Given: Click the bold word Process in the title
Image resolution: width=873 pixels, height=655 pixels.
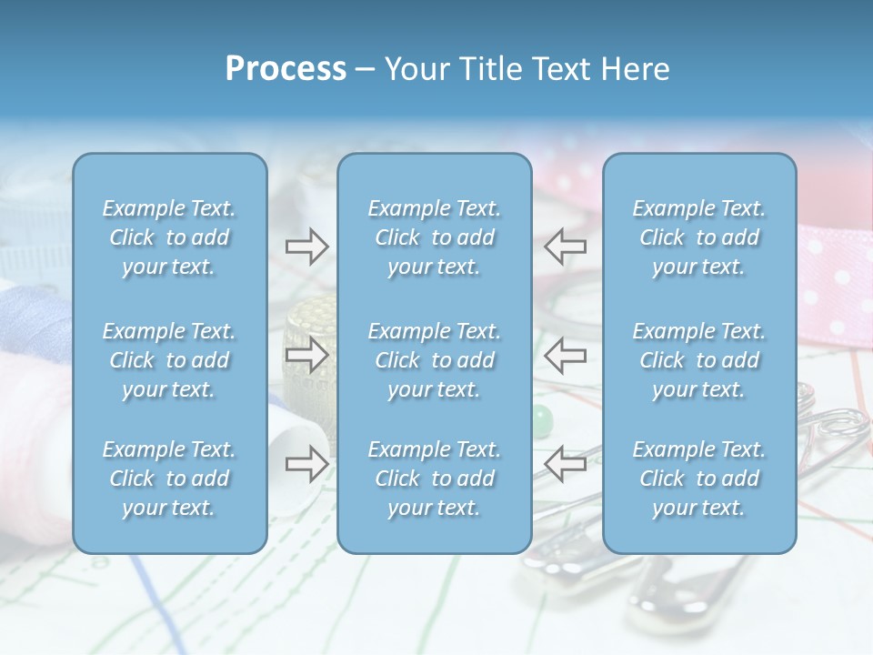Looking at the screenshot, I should pos(286,69).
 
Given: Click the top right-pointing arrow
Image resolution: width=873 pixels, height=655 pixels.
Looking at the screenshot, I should pos(307,247).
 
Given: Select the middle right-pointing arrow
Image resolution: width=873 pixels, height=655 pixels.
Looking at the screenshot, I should pos(307,356).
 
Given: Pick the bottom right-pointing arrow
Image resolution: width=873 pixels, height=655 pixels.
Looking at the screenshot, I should pos(307,464).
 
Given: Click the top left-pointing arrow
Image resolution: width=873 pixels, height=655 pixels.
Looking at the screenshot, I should pos(565,247).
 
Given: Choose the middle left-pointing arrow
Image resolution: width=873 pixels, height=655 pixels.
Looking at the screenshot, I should pos(565,356).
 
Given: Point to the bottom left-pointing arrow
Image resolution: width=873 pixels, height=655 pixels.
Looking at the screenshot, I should pos(565,464).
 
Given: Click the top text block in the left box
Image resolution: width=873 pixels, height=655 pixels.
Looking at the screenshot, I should pos(169,237).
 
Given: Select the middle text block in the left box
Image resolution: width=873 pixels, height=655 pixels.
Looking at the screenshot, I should pos(169,360).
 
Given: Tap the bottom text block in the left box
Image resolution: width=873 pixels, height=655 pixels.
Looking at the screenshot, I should pos(169,479).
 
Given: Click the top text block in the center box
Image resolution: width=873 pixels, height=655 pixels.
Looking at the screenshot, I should pos(435,237).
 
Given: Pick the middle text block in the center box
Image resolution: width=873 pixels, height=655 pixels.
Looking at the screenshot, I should pos(435,360).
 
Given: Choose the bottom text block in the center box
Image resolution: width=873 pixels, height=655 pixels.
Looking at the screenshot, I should pos(435,479).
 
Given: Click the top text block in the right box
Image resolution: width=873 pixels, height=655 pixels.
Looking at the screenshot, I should pos(699,237).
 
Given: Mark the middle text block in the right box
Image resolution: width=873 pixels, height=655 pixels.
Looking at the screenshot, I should pos(699,360).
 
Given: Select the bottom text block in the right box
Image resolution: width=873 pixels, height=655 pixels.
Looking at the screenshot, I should pos(699,479).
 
